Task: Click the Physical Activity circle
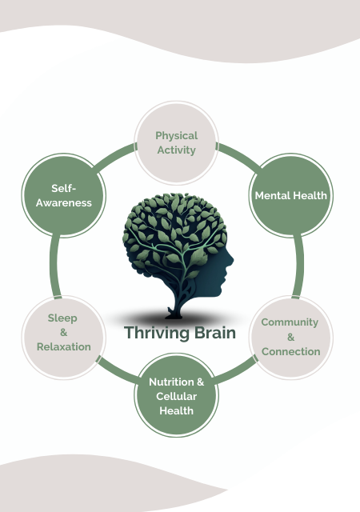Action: point(177,143)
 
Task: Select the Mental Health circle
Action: point(290,195)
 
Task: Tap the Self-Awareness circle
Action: point(64,195)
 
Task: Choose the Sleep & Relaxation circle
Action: point(64,338)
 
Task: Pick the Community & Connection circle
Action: point(290,338)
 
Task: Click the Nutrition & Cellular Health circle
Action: point(177,395)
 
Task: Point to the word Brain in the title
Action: point(215,333)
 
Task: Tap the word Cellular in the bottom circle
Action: point(177,396)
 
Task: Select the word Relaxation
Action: point(64,346)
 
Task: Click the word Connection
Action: point(290,351)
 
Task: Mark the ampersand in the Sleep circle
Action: point(64,333)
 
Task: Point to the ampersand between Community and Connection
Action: point(290,337)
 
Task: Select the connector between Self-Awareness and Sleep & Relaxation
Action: point(54,266)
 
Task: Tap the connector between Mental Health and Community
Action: point(298,266)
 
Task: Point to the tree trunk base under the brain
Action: point(174,315)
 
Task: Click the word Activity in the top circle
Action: point(177,150)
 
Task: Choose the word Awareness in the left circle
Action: point(64,202)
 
